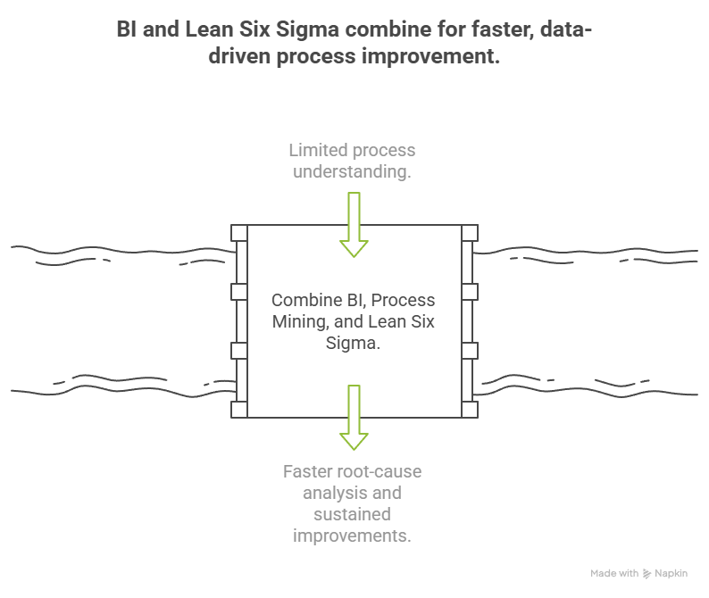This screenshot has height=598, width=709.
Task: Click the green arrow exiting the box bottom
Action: pyautogui.click(x=354, y=417)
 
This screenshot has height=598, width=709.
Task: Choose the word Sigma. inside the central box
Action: pyautogui.click(x=354, y=344)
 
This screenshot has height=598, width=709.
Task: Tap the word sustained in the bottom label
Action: pyautogui.click(x=353, y=514)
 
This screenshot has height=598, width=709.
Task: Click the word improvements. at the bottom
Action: pyautogui.click(x=353, y=536)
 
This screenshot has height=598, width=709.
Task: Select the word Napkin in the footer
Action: pyautogui.click(x=671, y=574)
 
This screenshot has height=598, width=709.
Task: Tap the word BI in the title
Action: pyautogui.click(x=128, y=30)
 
